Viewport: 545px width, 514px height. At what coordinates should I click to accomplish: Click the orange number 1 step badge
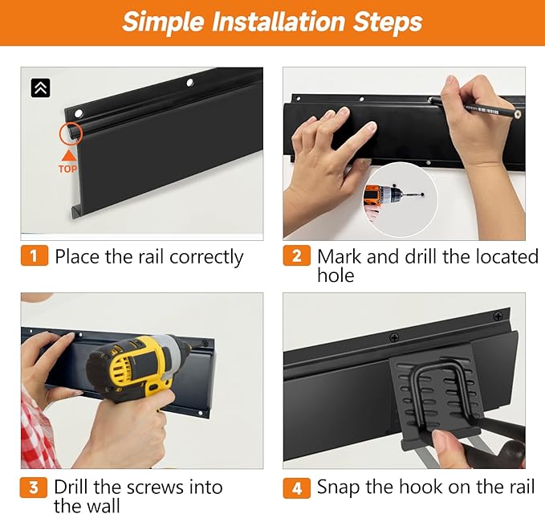pos(34,255)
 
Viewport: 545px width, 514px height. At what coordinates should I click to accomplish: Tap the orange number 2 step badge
pos(296,255)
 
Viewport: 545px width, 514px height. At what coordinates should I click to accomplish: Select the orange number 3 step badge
pos(34,487)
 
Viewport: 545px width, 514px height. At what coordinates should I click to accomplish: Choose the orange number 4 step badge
pos(296,488)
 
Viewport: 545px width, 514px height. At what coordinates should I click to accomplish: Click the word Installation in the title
pos(278,22)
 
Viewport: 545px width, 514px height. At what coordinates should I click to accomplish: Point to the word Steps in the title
pos(388,22)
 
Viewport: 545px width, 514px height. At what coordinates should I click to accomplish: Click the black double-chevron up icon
pos(41,88)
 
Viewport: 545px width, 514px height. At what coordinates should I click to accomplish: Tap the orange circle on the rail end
pos(71,133)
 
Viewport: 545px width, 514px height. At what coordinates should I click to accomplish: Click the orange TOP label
pos(67,169)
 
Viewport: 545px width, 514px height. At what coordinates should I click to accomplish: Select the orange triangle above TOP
pos(70,156)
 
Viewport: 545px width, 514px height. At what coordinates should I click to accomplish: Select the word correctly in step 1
pos(206,258)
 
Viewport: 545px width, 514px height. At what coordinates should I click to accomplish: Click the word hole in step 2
pos(336,275)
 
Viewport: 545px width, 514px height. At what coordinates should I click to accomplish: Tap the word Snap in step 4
pos(338,488)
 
